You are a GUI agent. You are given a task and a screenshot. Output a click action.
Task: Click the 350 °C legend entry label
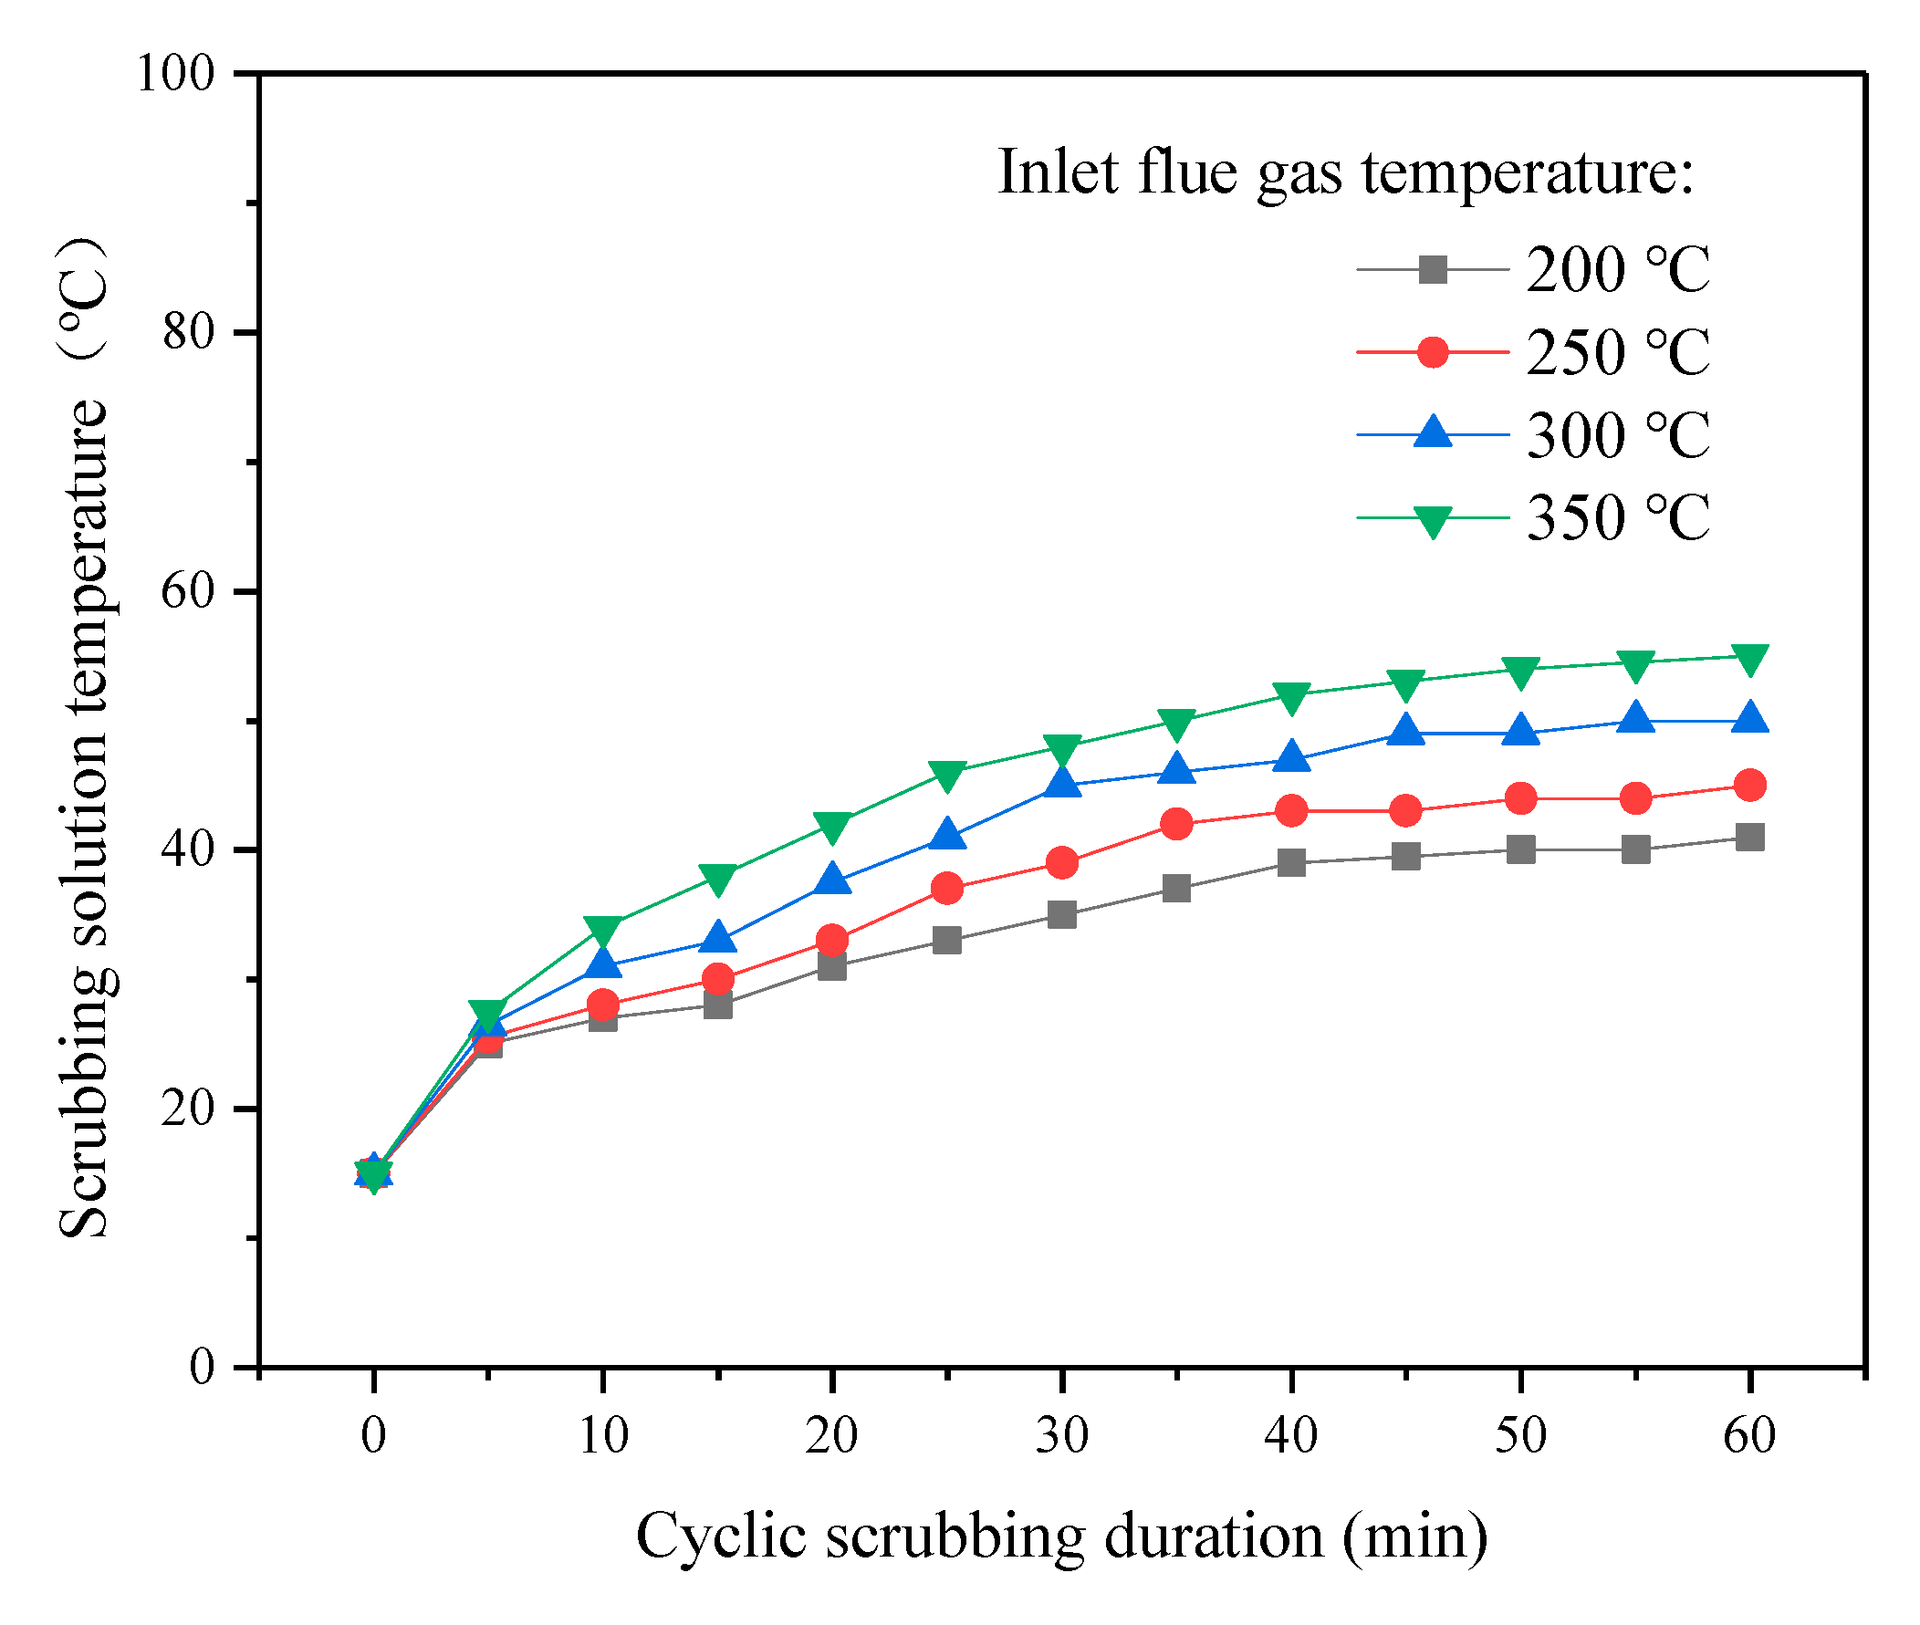pyautogui.click(x=1617, y=516)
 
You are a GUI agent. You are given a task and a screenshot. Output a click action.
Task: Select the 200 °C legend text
pyautogui.click(x=1617, y=270)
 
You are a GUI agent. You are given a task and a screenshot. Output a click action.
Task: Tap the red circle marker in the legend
pyautogui.click(x=1433, y=352)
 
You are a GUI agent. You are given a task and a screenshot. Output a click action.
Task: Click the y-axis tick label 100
pyautogui.click(x=175, y=73)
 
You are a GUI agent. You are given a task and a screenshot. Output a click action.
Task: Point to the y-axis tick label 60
pyautogui.click(x=188, y=590)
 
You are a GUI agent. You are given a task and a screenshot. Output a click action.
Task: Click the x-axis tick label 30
pyautogui.click(x=1061, y=1434)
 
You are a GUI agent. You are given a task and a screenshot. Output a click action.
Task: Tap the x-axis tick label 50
pyautogui.click(x=1520, y=1434)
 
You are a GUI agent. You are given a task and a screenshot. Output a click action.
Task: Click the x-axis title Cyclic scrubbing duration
pyautogui.click(x=1061, y=1536)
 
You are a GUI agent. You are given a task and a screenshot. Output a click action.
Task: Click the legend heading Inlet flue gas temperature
pyautogui.click(x=1345, y=172)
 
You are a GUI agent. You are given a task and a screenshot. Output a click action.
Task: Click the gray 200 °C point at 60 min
pyautogui.click(x=1749, y=838)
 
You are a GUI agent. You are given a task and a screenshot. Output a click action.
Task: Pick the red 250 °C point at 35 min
pyautogui.click(x=1176, y=824)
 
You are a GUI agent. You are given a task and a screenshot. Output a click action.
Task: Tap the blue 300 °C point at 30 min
pyautogui.click(x=1061, y=783)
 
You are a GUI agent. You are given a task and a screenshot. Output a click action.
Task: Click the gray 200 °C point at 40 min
pyautogui.click(x=1290, y=862)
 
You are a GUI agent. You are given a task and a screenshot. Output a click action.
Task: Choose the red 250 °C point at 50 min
pyautogui.click(x=1520, y=797)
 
